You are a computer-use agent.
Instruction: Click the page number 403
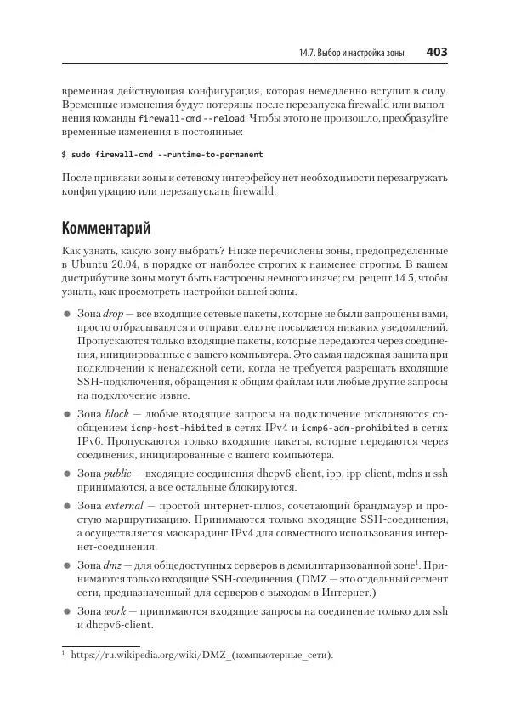(436, 53)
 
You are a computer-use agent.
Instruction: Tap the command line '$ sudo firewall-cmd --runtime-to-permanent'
(162, 155)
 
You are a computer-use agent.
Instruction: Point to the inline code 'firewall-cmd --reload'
(183, 118)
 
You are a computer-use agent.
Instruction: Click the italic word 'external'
(121, 506)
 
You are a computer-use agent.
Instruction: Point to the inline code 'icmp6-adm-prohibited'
(350, 428)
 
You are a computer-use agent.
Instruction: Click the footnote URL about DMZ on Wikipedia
(202, 655)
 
